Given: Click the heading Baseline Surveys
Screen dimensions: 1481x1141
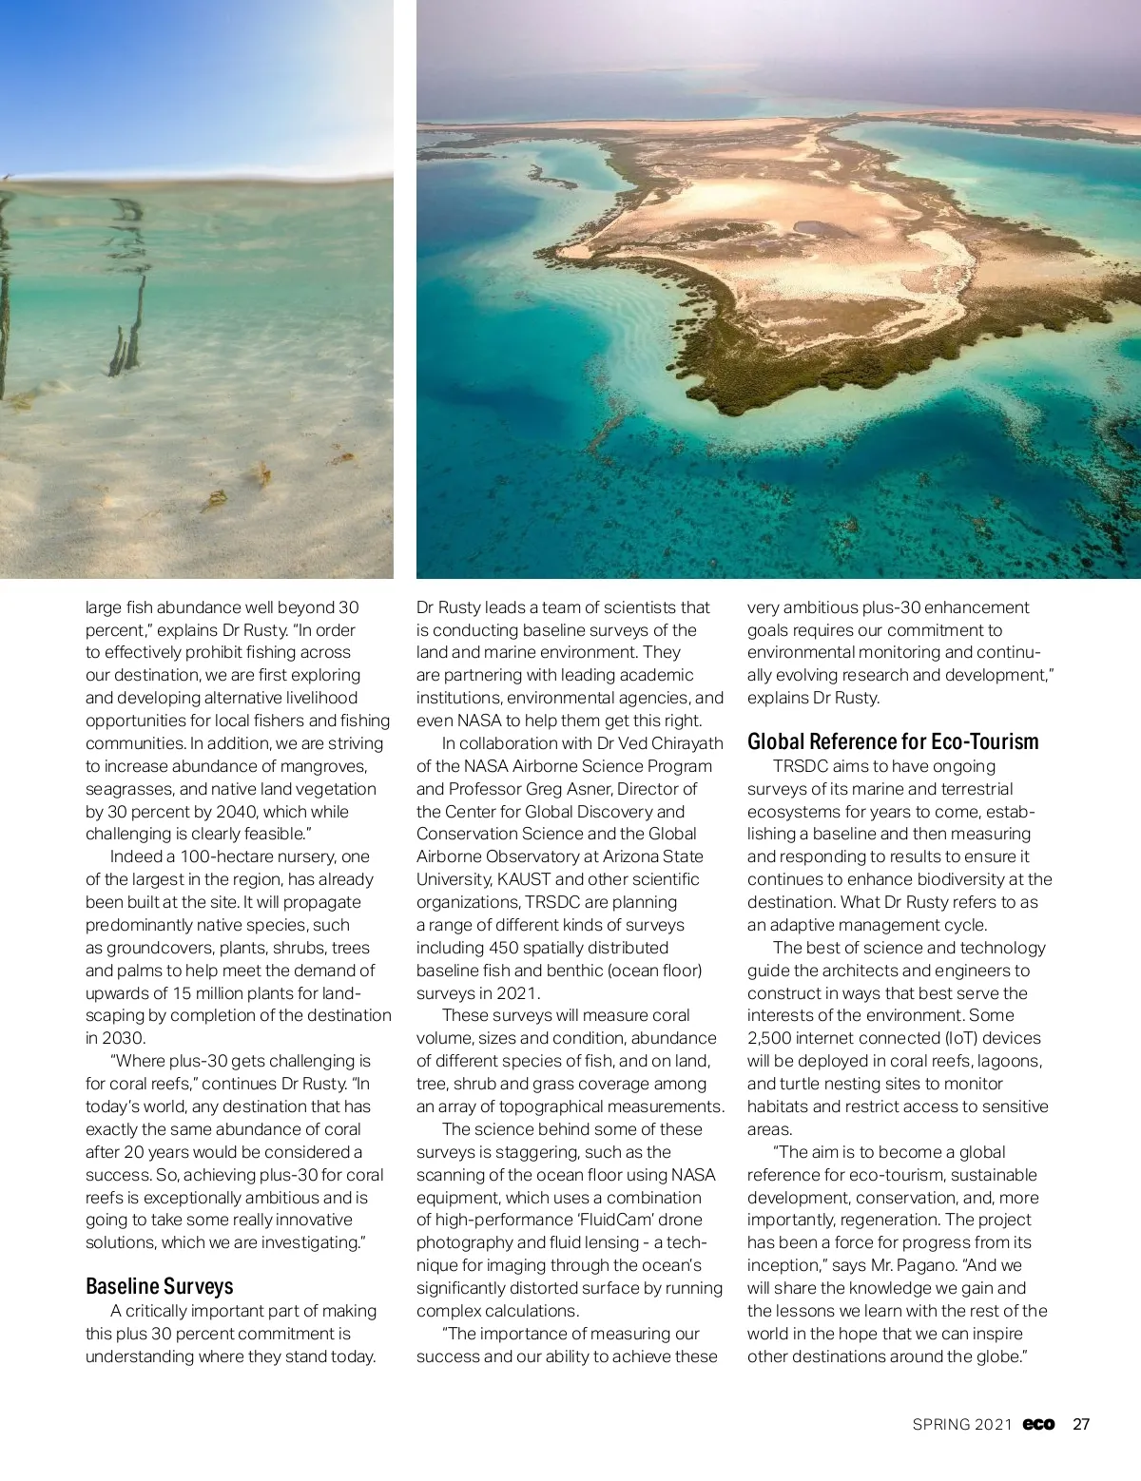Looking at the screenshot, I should click(x=159, y=1286).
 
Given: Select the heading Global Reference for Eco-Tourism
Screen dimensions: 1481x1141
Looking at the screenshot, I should click(x=893, y=741).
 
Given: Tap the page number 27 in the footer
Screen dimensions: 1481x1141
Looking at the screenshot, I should click(x=1081, y=1424).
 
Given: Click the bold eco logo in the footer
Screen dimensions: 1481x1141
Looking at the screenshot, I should click(x=1038, y=1424).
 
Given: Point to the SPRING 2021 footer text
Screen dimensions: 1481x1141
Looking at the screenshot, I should click(x=962, y=1424).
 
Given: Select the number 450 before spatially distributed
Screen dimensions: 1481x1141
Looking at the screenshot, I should click(x=504, y=948).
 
